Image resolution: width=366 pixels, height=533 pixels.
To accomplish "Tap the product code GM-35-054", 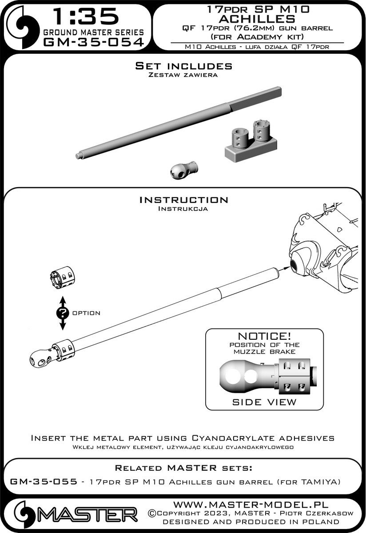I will [92, 43].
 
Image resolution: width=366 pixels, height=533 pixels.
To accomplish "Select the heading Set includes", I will [183, 66].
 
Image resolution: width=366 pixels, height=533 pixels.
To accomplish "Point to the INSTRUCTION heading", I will [183, 200].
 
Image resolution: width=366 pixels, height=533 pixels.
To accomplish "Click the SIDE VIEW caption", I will [264, 402].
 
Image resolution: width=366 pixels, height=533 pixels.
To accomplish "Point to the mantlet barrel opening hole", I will [295, 265].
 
